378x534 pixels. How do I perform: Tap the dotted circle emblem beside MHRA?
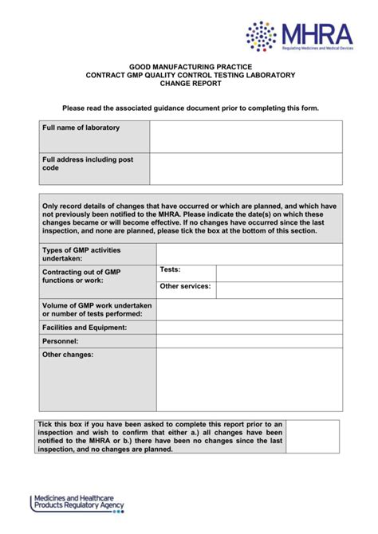[x=262, y=37]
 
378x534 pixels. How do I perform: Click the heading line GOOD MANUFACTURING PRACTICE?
[x=190, y=67]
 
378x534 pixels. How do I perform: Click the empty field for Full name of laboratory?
[x=246, y=136]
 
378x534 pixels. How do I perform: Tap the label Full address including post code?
[x=88, y=163]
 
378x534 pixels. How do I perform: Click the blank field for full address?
[x=246, y=168]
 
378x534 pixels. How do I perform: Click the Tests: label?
[x=170, y=269]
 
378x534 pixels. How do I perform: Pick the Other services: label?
[x=185, y=285]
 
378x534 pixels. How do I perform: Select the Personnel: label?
[x=60, y=340]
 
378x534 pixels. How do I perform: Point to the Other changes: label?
[x=68, y=355]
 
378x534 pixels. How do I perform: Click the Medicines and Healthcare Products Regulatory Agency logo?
[x=78, y=504]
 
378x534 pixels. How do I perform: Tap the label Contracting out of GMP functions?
[x=81, y=276]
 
